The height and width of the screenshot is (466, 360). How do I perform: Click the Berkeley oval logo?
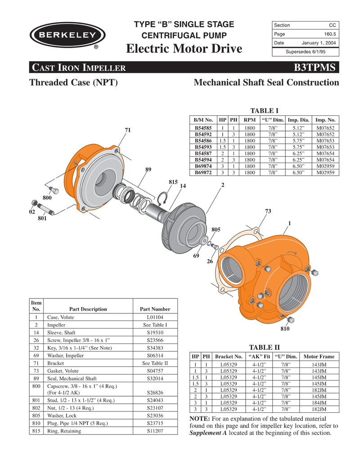tap(68, 35)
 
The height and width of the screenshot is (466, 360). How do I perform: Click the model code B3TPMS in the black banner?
tap(315, 68)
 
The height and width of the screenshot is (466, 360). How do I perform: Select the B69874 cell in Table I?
tap(203, 166)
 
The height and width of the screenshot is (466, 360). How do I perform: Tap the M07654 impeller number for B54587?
tap(325, 154)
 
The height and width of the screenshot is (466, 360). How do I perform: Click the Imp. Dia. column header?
tap(298, 120)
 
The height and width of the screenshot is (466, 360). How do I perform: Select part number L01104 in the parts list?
tap(155, 317)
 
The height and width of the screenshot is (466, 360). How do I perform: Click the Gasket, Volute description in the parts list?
tap(63, 370)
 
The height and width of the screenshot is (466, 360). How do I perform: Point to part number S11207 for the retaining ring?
tap(155, 431)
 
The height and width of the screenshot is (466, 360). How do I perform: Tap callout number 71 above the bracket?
tap(128, 130)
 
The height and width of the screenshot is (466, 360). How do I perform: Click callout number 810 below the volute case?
tap(284, 329)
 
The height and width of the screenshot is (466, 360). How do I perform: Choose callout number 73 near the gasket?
tap(268, 211)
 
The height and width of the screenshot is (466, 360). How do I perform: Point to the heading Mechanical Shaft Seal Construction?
tap(266, 82)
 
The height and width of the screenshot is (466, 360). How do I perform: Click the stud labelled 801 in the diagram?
tap(46, 209)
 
